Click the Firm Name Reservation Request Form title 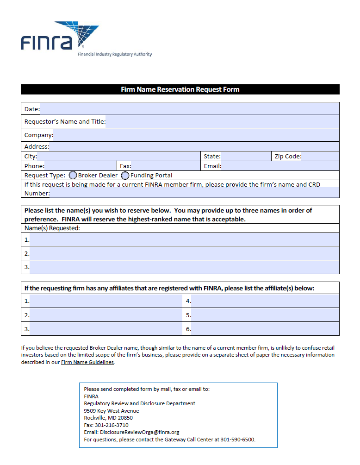(180, 89)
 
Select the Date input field (189, 109)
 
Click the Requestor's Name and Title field (222, 122)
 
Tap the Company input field (196, 135)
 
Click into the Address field (194, 147)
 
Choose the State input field (245, 157)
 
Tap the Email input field (280, 166)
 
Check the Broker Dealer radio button (73, 176)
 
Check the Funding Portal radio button (125, 176)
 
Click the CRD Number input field (194, 194)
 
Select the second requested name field (184, 253)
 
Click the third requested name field (184, 267)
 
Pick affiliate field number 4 (265, 301)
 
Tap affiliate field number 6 (265, 329)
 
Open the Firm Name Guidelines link (87, 363)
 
